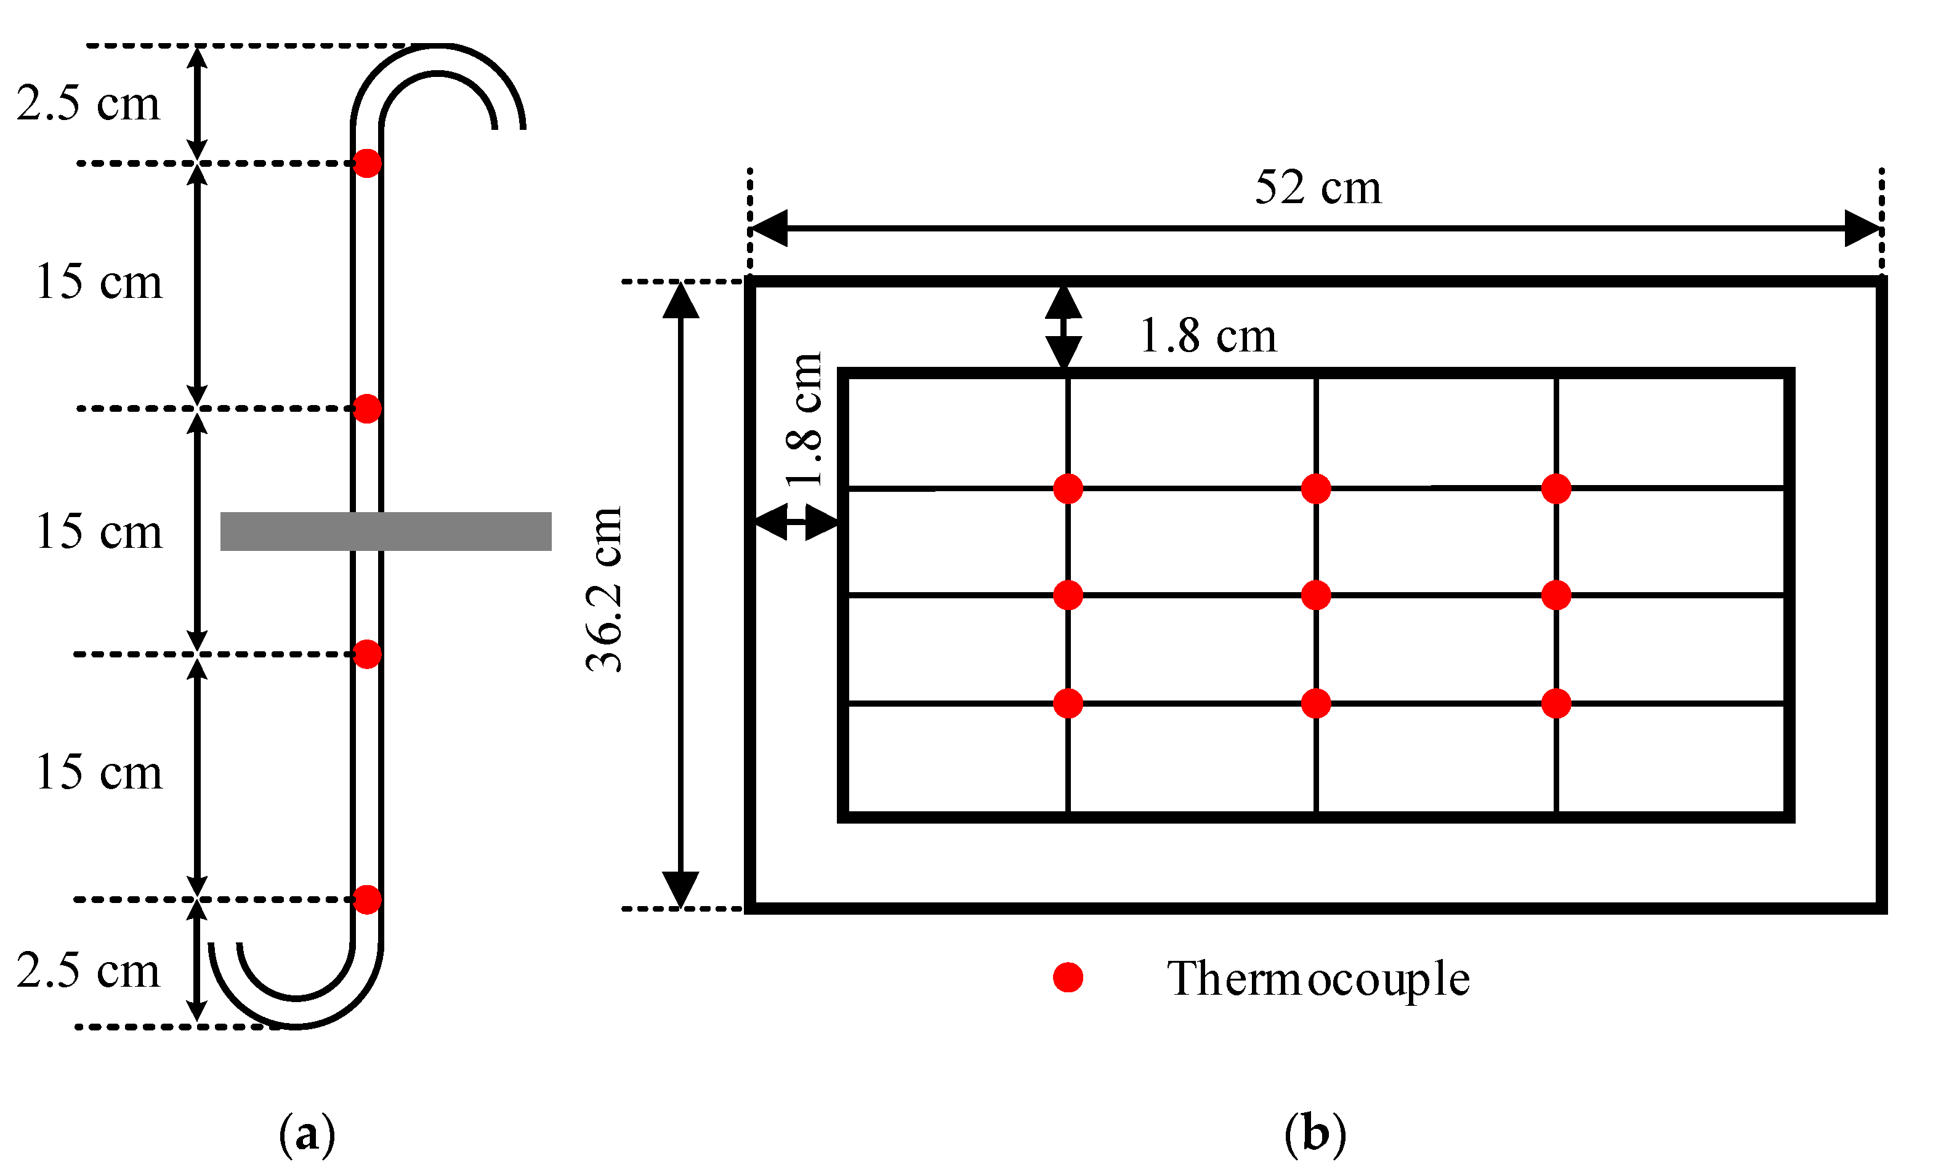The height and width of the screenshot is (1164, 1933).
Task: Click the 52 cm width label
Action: click(x=1317, y=188)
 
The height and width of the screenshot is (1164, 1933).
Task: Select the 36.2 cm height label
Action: click(x=605, y=590)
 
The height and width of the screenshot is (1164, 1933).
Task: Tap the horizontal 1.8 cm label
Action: click(x=1208, y=337)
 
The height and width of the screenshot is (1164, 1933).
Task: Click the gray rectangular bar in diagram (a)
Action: click(x=385, y=532)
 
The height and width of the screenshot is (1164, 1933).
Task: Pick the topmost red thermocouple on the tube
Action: click(x=367, y=163)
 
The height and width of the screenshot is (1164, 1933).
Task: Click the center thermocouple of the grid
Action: click(x=1315, y=595)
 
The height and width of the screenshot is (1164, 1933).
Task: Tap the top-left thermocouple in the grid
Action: click(x=1068, y=489)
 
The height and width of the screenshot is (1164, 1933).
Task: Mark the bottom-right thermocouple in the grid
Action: click(x=1556, y=704)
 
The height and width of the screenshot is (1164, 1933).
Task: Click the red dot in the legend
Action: click(x=1068, y=977)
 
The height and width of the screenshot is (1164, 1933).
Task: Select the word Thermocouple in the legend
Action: click(x=1317, y=979)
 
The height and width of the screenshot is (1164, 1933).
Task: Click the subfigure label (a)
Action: click(x=307, y=1133)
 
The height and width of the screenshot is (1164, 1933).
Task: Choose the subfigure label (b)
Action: click(x=1315, y=1133)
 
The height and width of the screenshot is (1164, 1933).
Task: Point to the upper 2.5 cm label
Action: click(x=88, y=103)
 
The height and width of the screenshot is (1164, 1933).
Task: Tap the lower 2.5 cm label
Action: click(x=88, y=971)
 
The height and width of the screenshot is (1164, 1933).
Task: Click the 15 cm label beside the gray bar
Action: click(x=99, y=532)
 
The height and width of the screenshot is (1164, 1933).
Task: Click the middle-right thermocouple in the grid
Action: click(x=1556, y=595)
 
